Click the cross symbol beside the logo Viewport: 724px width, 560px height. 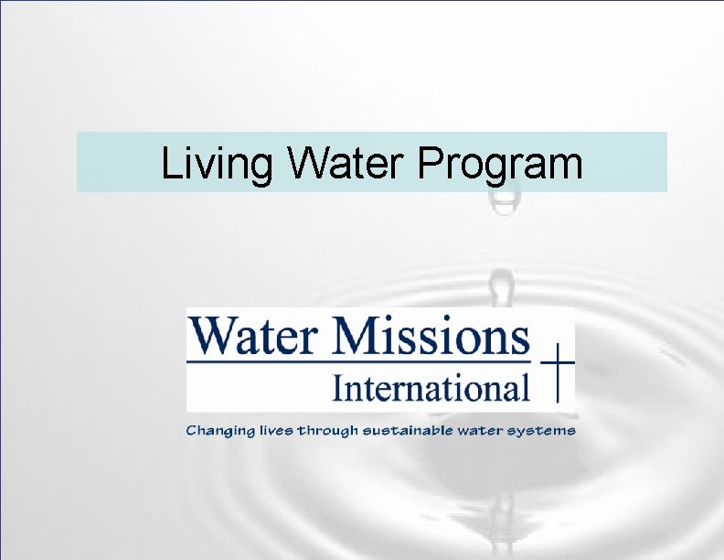[555, 375]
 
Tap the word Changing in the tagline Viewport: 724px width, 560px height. [219, 430]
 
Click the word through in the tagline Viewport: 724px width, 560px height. [329, 430]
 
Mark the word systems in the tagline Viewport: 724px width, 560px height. [547, 430]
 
